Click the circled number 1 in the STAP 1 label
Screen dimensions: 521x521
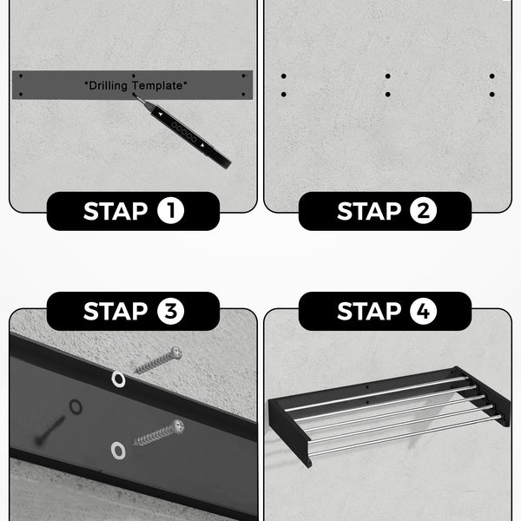pos(170,211)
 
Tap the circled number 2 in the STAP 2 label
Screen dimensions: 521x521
pos(423,211)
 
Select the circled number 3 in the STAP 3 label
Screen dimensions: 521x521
pos(170,311)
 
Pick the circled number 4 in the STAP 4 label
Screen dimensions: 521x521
pos(423,311)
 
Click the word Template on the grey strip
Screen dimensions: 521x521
pos(160,85)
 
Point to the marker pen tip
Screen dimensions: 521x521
pos(135,95)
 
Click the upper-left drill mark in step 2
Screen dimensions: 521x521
pos(283,76)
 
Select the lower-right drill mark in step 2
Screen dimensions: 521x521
pos(492,95)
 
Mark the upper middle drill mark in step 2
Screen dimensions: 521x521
pos(388,76)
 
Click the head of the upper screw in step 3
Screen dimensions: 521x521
pos(175,353)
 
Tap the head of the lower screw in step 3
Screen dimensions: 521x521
pos(178,426)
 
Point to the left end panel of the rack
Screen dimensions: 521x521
pos(290,432)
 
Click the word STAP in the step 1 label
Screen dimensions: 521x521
pos(115,211)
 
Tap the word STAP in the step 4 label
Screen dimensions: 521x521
pos(369,312)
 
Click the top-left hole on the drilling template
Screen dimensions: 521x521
pos(21,76)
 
